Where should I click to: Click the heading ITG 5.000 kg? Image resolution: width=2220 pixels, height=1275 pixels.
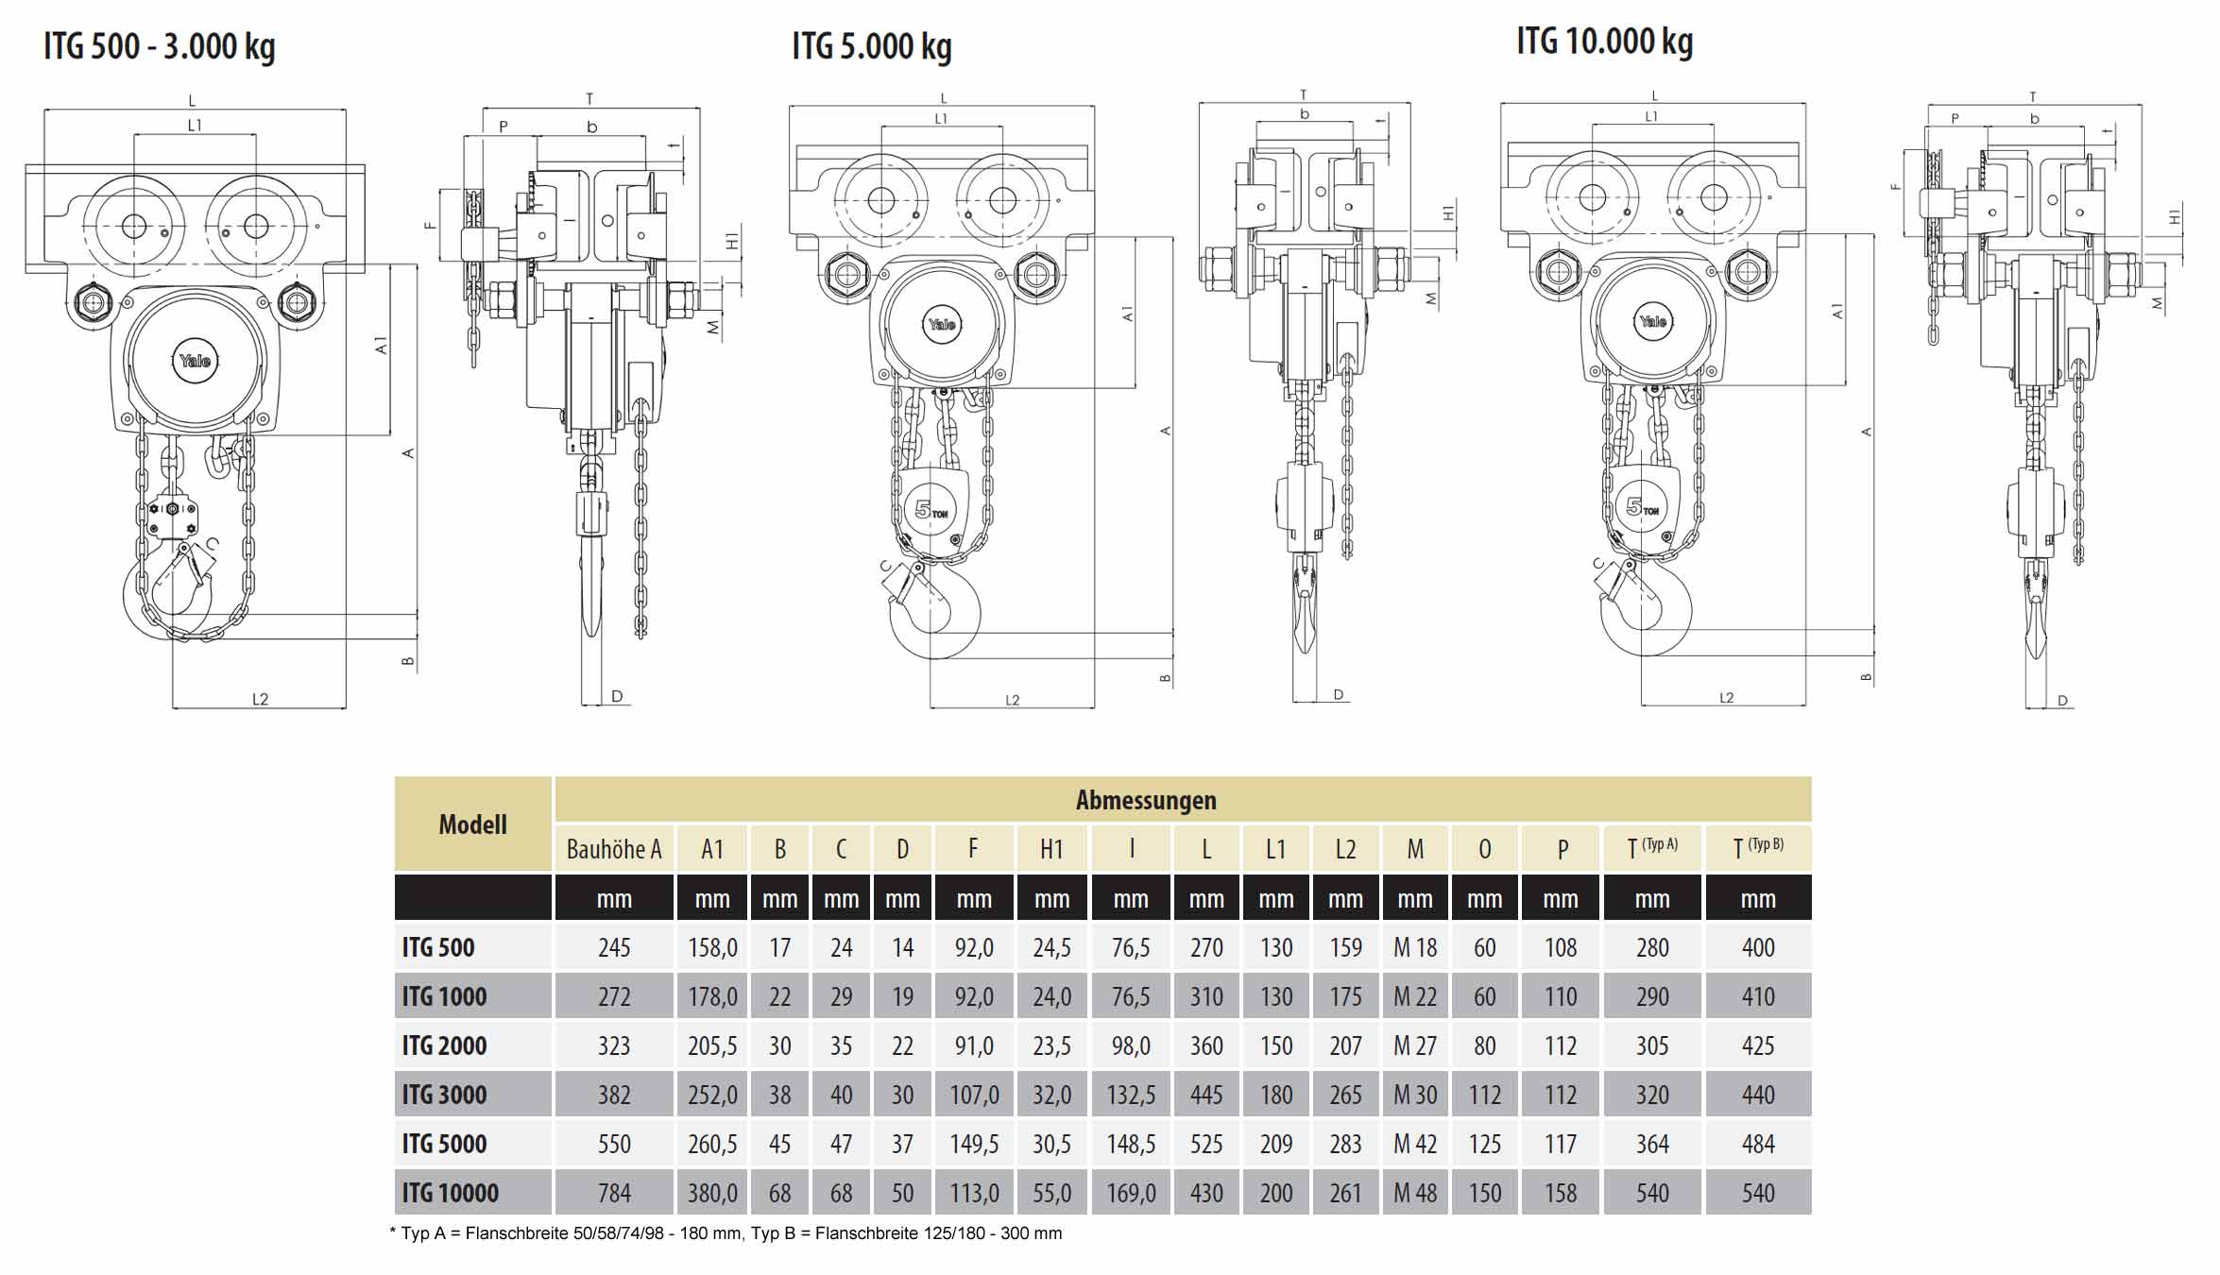point(871,46)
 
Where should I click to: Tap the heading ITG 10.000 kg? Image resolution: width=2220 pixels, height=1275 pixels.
point(1604,42)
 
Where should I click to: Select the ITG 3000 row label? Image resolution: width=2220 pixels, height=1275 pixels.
point(444,1095)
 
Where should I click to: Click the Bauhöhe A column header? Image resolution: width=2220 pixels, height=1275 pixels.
point(614,849)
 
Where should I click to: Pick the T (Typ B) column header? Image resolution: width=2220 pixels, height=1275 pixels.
point(1758,848)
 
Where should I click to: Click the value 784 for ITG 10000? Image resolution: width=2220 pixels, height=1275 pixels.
point(614,1193)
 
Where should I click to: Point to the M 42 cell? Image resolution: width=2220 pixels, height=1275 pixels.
point(1414,1144)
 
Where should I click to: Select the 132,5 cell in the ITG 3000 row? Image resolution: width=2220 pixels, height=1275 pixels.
point(1131,1095)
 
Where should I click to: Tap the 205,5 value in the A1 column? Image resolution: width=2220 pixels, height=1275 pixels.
point(712,1045)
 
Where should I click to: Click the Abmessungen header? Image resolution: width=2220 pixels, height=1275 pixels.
point(1146,800)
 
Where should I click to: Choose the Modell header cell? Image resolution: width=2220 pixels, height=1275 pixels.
point(472,824)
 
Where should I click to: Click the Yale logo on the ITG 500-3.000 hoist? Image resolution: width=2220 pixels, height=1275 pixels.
point(196,361)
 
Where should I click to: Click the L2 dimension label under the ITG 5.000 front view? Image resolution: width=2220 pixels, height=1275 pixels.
point(1013,700)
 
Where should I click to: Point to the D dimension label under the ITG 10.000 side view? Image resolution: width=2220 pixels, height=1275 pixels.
point(2062,701)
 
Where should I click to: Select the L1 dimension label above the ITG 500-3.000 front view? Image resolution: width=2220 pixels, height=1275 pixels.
point(195,125)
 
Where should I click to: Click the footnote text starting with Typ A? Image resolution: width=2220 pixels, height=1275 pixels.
point(727,1233)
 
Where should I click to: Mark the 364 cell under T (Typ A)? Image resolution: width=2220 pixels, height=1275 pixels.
point(1652,1144)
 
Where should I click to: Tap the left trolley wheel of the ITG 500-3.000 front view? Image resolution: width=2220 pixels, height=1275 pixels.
point(134,227)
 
